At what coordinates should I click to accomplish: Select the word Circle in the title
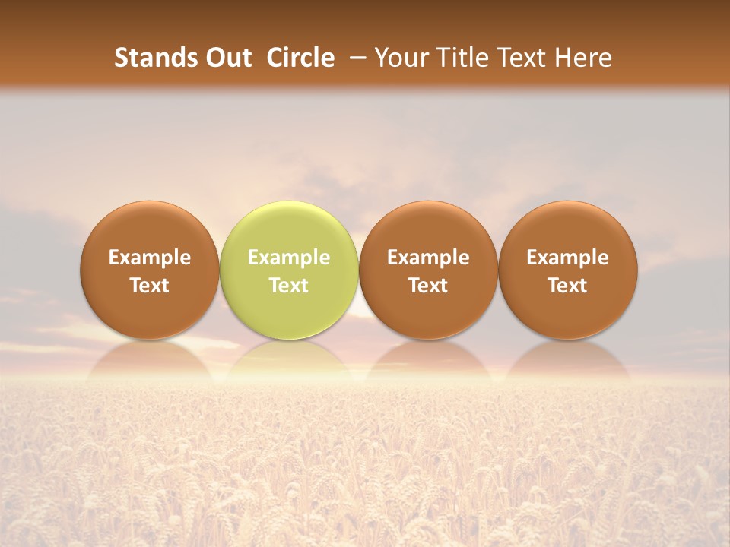(x=300, y=58)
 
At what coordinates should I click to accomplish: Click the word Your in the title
(x=400, y=58)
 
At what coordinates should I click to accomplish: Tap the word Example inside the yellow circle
(x=289, y=258)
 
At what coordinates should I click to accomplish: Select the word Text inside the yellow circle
(x=289, y=286)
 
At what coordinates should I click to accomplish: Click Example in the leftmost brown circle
(x=150, y=258)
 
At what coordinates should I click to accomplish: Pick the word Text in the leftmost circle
(x=150, y=286)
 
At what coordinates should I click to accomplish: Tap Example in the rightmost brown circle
(x=568, y=258)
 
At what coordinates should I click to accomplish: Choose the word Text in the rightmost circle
(x=568, y=286)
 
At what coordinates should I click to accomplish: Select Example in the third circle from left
(x=428, y=258)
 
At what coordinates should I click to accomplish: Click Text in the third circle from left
(x=428, y=286)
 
